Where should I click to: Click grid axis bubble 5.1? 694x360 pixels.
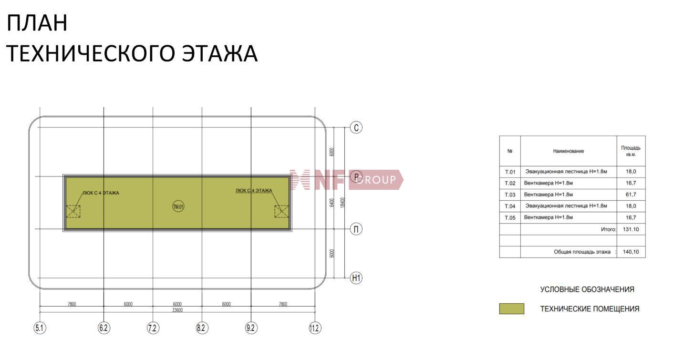pos(40,328)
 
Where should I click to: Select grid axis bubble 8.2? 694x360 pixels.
pos(202,328)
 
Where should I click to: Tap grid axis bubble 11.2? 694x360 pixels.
pos(315,328)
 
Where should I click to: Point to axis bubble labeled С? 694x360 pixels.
pos(356,127)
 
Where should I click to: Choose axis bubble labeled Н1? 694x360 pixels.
pos(356,278)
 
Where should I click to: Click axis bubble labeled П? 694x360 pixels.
pos(356,229)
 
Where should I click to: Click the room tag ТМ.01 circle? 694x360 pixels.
pos(178,206)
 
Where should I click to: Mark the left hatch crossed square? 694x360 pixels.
pos(73,211)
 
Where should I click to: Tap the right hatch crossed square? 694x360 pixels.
pos(281,211)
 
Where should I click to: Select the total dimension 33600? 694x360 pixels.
pos(177,310)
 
